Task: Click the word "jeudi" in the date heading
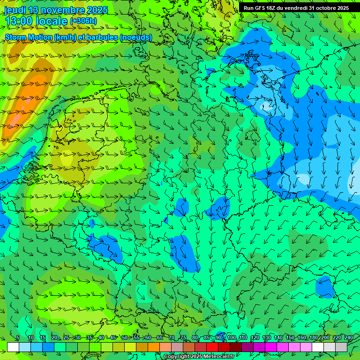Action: point(15,10)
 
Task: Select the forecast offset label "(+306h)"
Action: point(83,21)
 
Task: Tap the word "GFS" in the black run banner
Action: point(261,8)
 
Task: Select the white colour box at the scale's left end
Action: point(13,347)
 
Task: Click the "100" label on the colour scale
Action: point(231,338)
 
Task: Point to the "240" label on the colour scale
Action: point(349,338)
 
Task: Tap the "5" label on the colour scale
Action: point(17,338)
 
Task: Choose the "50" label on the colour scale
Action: point(124,338)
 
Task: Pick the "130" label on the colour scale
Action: point(267,338)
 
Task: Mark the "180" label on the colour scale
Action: point(314,338)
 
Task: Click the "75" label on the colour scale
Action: point(183,338)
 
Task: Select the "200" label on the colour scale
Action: point(325,338)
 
